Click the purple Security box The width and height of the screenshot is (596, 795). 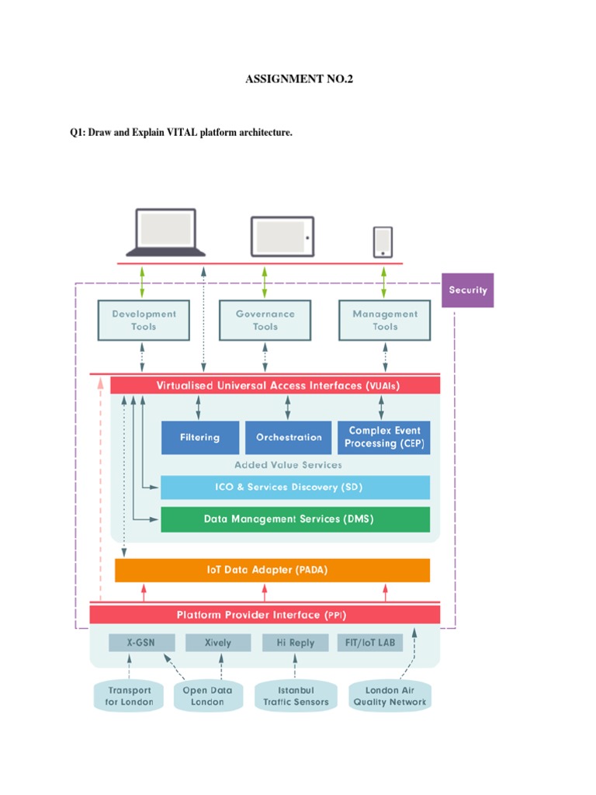pos(467,290)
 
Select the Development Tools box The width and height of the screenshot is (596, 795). pos(144,321)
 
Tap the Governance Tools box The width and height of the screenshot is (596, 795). pos(265,321)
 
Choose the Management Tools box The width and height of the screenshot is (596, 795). pos(384,321)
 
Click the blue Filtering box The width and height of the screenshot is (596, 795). pos(199,438)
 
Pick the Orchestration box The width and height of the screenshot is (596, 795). pos(289,438)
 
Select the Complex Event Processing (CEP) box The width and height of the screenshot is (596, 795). pos(383,437)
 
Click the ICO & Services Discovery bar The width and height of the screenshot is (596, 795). pos(295,488)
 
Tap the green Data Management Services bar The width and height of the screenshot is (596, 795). pos(295,519)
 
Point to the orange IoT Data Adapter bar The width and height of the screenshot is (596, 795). pos(272,570)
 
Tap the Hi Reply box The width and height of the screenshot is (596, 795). pos(294,643)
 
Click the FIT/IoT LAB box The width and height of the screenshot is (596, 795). pos(370,643)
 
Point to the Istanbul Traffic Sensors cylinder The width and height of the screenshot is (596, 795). pos(296,696)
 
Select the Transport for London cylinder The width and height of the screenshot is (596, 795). pos(130,696)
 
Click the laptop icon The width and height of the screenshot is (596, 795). pos(166,231)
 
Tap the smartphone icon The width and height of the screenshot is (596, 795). pos(383,241)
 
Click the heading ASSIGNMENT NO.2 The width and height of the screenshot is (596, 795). pos(299,79)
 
